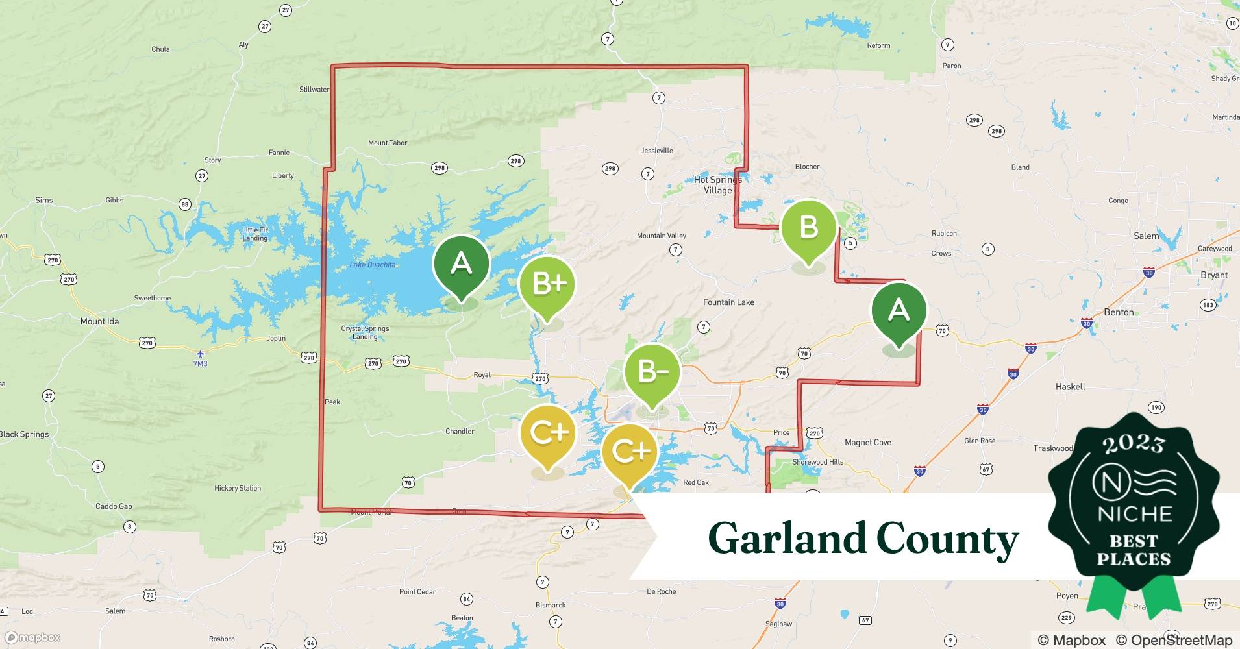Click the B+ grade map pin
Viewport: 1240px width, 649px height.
pos(547,284)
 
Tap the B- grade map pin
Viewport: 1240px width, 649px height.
pos(652,372)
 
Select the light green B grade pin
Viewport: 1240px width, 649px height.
pos(808,228)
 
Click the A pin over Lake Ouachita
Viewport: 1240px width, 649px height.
pos(461,263)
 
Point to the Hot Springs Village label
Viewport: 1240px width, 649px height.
pos(717,185)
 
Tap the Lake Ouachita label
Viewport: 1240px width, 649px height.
pos(372,265)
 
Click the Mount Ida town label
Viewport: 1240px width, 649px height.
pos(99,321)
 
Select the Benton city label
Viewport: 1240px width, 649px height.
pos(1119,312)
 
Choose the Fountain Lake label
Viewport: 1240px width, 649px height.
pos(728,302)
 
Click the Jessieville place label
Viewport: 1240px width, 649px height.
pos(656,151)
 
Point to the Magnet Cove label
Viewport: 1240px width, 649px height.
pos(867,443)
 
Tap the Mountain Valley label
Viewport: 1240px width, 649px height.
pos(661,236)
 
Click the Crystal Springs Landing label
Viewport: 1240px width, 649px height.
pos(365,332)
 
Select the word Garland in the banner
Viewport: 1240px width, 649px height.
pos(786,539)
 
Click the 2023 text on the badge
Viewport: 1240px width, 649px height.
pos(1133,444)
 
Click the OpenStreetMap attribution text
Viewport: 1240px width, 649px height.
pos(1174,640)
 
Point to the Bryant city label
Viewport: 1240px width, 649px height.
pos(1213,275)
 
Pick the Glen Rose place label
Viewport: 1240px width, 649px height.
pos(980,441)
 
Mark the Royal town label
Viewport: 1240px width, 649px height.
pos(482,375)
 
